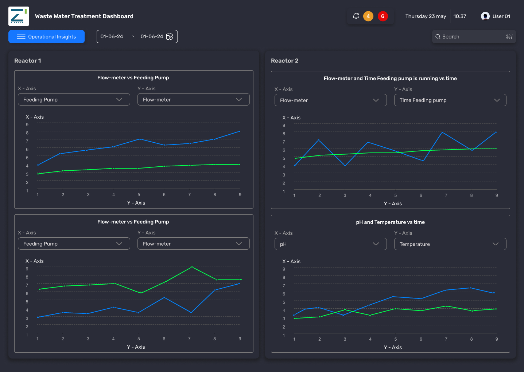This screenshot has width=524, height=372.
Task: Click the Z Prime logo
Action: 19,16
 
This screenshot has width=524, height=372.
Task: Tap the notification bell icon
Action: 356,16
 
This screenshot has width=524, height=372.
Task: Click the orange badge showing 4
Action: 368,16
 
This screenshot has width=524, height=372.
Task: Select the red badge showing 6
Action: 383,16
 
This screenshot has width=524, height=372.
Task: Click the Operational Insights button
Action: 47,37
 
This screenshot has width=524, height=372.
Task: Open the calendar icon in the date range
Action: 169,37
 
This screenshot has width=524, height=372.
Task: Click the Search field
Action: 474,37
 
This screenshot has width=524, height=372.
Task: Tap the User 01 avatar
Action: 485,16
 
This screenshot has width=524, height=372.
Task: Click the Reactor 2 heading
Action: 284,61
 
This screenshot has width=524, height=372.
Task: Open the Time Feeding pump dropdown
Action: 450,100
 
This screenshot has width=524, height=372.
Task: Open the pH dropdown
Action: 330,244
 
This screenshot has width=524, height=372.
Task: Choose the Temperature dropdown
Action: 450,244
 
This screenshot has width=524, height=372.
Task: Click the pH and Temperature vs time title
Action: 390,222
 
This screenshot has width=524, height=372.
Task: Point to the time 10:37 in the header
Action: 460,16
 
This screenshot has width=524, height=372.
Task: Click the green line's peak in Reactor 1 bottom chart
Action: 192,267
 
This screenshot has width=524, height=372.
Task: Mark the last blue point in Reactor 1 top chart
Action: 239,131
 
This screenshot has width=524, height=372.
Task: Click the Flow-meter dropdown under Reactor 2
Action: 330,100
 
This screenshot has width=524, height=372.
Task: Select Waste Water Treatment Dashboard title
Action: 84,16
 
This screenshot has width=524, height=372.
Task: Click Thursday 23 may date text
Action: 426,16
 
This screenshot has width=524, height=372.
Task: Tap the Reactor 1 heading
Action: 28,61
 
